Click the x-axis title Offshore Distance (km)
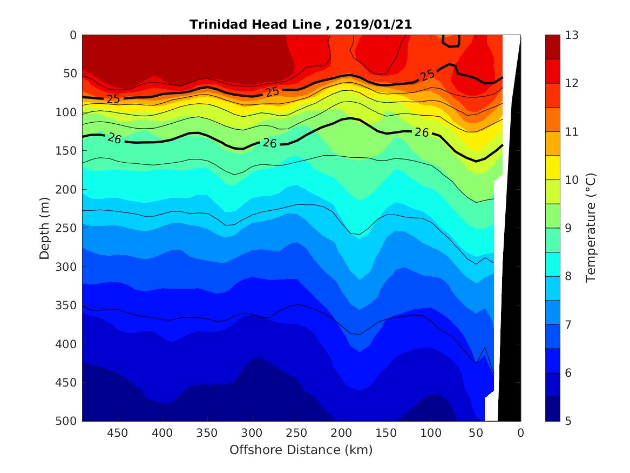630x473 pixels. click(301, 450)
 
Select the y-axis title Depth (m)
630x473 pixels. click(45, 228)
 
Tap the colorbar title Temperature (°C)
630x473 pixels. click(591, 228)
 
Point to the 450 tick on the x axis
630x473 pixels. click(117, 434)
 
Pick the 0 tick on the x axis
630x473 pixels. click(520, 434)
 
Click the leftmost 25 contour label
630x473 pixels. click(113, 99)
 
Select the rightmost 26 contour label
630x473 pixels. click(422, 132)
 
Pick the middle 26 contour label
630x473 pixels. click(270, 143)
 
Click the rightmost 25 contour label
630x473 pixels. click(428, 75)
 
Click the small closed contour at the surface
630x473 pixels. click(451, 41)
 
